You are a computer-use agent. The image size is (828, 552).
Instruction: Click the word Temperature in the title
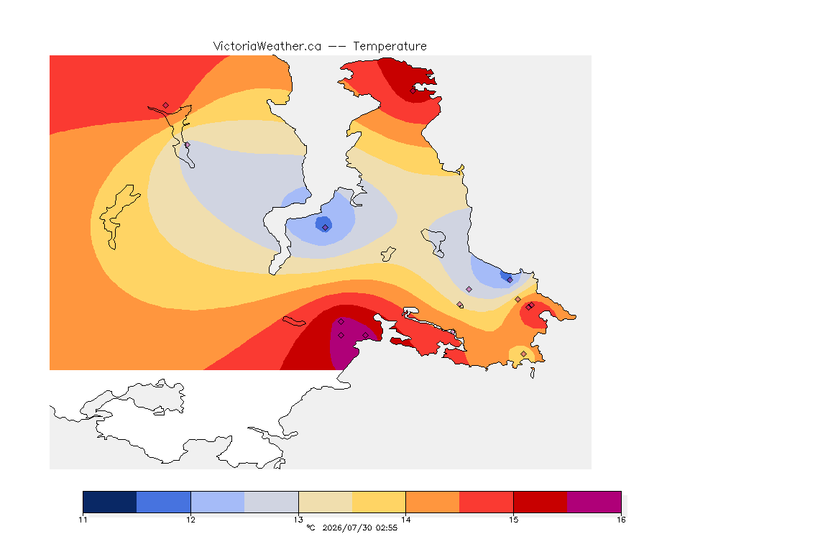[390, 47]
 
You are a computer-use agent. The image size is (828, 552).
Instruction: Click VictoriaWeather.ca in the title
[267, 47]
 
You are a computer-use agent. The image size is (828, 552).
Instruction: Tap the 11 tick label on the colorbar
[83, 520]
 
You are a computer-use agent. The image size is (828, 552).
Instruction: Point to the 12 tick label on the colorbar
[190, 520]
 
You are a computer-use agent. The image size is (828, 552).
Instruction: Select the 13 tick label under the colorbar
[298, 520]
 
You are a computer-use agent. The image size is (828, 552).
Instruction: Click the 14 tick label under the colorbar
[405, 520]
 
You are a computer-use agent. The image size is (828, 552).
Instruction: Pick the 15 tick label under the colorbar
[513, 520]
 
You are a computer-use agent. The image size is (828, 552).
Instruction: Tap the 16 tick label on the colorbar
[621, 520]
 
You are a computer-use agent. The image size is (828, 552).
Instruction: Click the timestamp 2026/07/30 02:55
[359, 528]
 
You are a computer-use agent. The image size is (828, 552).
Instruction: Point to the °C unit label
[310, 528]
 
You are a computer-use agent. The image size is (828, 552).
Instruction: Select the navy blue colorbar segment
[110, 502]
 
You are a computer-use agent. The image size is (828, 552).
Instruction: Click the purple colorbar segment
[594, 502]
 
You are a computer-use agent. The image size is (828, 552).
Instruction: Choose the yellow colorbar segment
[379, 502]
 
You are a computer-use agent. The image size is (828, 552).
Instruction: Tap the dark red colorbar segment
[540, 502]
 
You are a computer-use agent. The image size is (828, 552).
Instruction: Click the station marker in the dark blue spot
[326, 227]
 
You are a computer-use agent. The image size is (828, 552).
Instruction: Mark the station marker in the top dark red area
[413, 91]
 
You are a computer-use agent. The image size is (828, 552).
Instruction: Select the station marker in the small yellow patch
[523, 354]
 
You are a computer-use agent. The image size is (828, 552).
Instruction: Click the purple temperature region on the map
[346, 344]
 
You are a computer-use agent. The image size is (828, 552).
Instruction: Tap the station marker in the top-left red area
[166, 106]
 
